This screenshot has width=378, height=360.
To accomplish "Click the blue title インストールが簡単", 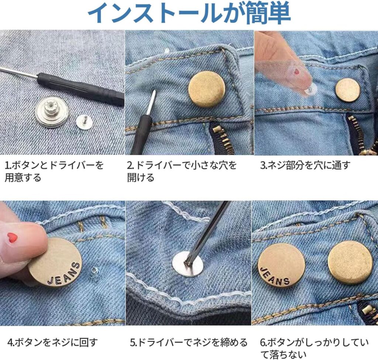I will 189,14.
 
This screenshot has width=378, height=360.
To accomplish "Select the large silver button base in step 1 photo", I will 52,111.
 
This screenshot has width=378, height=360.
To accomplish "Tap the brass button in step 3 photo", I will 347,90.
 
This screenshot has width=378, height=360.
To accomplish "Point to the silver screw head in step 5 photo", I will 188,263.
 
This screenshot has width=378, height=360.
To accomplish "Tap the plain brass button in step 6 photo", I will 350,262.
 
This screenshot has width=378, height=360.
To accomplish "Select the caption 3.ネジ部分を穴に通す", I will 305,165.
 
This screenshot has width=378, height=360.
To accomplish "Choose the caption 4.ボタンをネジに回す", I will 53,342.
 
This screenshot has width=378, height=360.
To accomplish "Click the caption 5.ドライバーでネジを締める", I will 189,342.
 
